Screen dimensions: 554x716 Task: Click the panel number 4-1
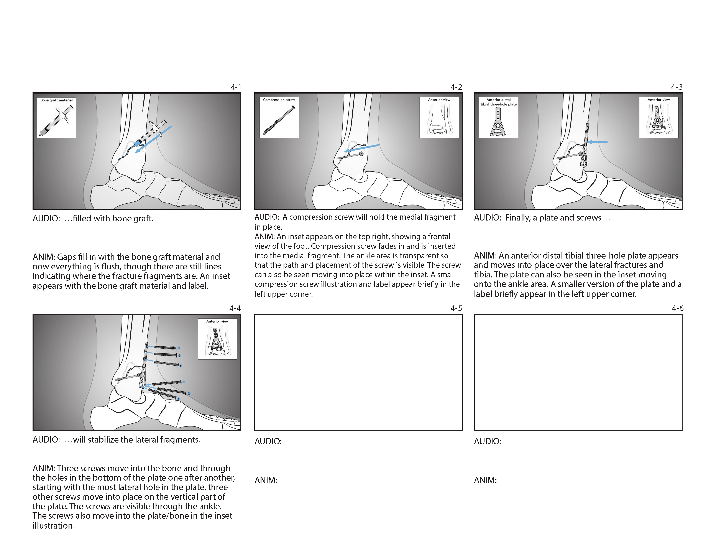[x=236, y=87]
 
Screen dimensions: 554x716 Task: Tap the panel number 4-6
[x=677, y=308]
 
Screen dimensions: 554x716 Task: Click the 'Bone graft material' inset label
[x=56, y=100]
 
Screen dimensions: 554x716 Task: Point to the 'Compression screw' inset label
[x=279, y=100]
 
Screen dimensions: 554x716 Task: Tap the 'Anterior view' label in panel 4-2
[x=439, y=100]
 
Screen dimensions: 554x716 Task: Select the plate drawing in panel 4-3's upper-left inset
[x=498, y=121]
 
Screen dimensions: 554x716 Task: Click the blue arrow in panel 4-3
[x=597, y=142]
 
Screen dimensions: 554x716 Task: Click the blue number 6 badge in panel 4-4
[x=181, y=366]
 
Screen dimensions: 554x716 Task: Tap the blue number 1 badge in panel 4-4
[x=184, y=382]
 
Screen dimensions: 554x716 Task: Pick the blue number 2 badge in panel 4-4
[x=189, y=393]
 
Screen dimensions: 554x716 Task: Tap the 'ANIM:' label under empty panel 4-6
[x=485, y=481]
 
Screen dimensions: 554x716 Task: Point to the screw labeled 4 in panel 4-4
[x=165, y=348]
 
